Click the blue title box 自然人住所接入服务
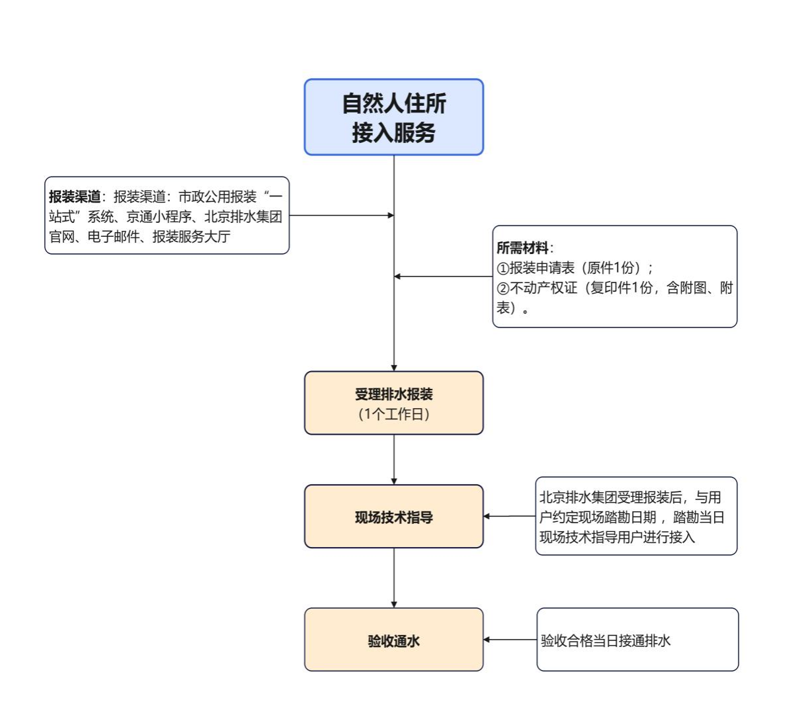point(393,117)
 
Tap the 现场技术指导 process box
point(393,517)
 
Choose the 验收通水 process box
point(393,640)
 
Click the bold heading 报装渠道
point(75,196)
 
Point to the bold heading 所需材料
point(522,248)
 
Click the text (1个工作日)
point(393,415)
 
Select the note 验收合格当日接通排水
point(606,640)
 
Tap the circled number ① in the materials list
point(502,269)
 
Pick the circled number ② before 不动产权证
point(502,288)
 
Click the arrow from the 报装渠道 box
point(341,215)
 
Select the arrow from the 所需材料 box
point(443,276)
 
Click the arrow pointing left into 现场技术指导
point(509,516)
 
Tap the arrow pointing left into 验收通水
point(510,640)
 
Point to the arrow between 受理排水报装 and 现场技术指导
point(394,459)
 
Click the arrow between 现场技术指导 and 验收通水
point(394,577)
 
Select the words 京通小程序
point(159,216)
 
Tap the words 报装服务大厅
point(191,236)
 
